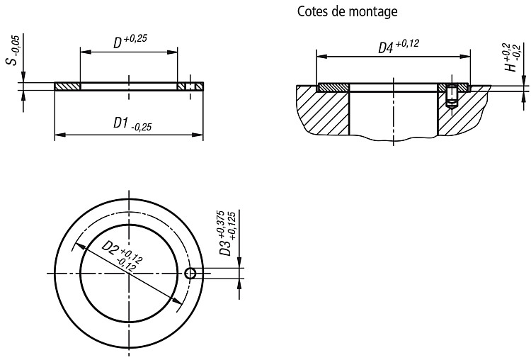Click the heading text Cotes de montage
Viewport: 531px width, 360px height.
click(347, 11)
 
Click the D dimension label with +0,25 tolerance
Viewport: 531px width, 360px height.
click(130, 41)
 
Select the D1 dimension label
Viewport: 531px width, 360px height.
click(132, 124)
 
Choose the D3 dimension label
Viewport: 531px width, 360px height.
click(227, 234)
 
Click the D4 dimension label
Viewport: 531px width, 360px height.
click(399, 46)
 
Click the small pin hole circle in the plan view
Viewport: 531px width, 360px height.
click(190, 273)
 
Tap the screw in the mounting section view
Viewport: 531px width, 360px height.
click(452, 96)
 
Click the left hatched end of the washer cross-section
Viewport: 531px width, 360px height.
click(67, 86)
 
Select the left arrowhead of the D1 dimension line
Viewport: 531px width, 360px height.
click(60, 135)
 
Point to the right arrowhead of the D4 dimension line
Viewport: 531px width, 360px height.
click(465, 57)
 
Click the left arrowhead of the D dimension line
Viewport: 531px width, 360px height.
click(86, 52)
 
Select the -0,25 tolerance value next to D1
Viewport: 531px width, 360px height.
click(141, 127)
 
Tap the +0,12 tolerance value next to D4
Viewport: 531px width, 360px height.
click(407, 44)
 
